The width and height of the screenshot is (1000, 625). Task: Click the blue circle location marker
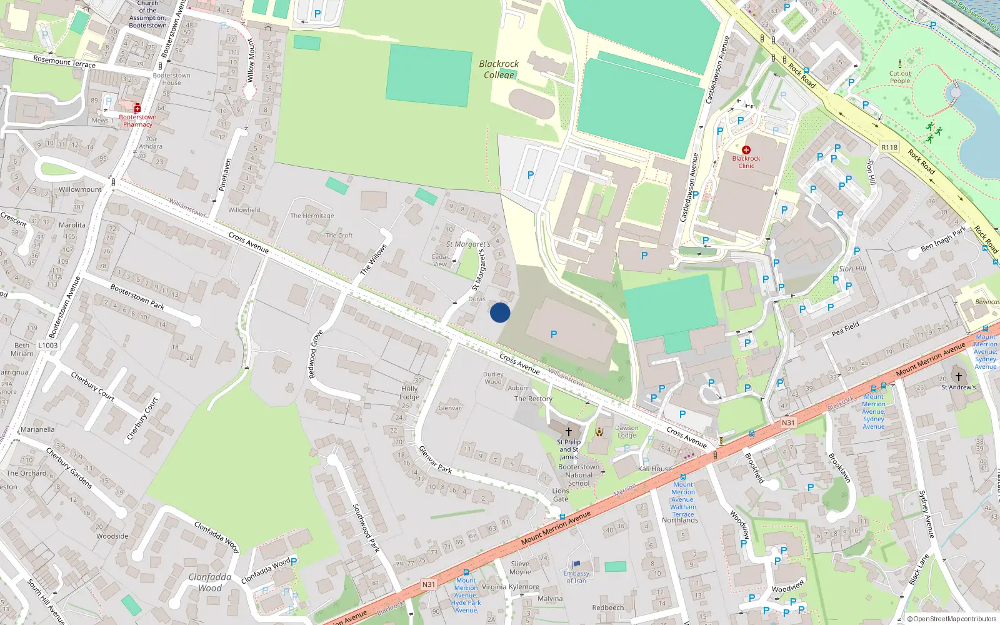coord(500,312)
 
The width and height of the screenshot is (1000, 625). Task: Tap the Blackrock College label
coord(499,69)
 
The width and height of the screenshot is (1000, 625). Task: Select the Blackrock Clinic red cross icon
coord(746,150)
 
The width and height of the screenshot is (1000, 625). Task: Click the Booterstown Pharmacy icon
coord(137,108)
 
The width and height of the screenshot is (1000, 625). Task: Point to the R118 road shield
coord(889,147)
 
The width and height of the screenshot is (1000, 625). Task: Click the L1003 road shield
coord(48,345)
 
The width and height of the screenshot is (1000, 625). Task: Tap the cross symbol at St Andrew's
coord(959,377)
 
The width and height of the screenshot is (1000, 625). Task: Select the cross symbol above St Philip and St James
coord(569,432)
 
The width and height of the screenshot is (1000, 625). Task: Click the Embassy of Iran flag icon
coord(576,565)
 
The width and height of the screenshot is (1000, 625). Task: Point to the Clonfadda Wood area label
coord(210,582)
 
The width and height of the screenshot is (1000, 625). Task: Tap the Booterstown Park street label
coord(137,297)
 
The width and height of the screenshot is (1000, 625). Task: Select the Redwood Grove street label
coord(316,354)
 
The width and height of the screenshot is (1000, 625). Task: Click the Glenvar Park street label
coord(435,459)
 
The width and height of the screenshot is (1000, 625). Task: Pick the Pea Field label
coord(846,329)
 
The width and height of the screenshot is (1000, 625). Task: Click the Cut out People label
coord(900,77)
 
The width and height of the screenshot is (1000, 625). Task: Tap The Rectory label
coord(533,399)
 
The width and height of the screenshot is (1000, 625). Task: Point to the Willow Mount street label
coord(251,61)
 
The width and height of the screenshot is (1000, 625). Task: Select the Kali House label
coord(655,469)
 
